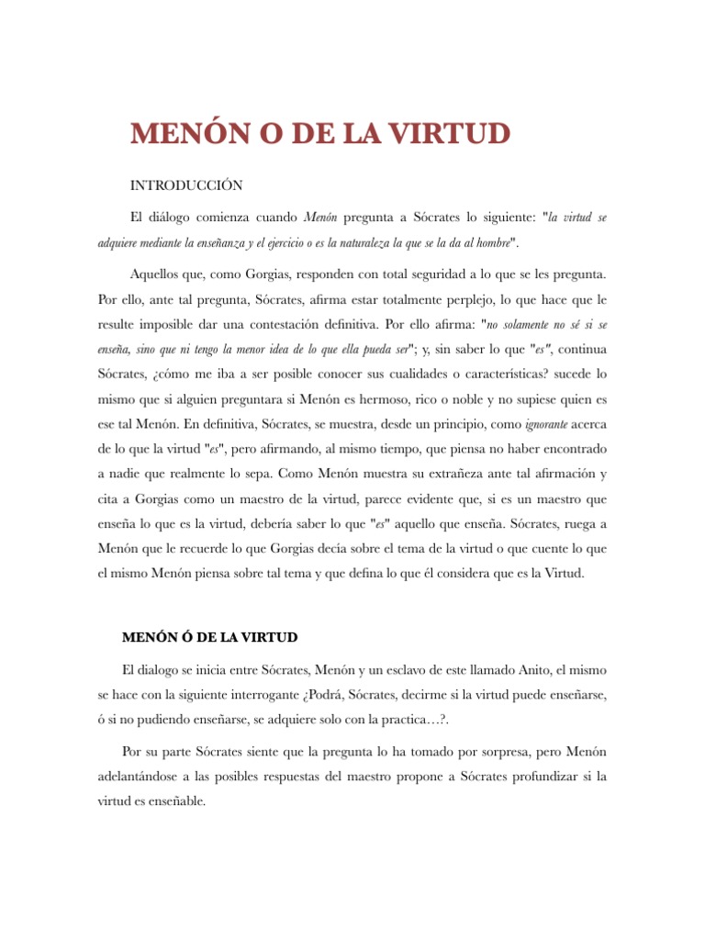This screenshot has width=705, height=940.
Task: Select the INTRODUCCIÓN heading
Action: (186, 186)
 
